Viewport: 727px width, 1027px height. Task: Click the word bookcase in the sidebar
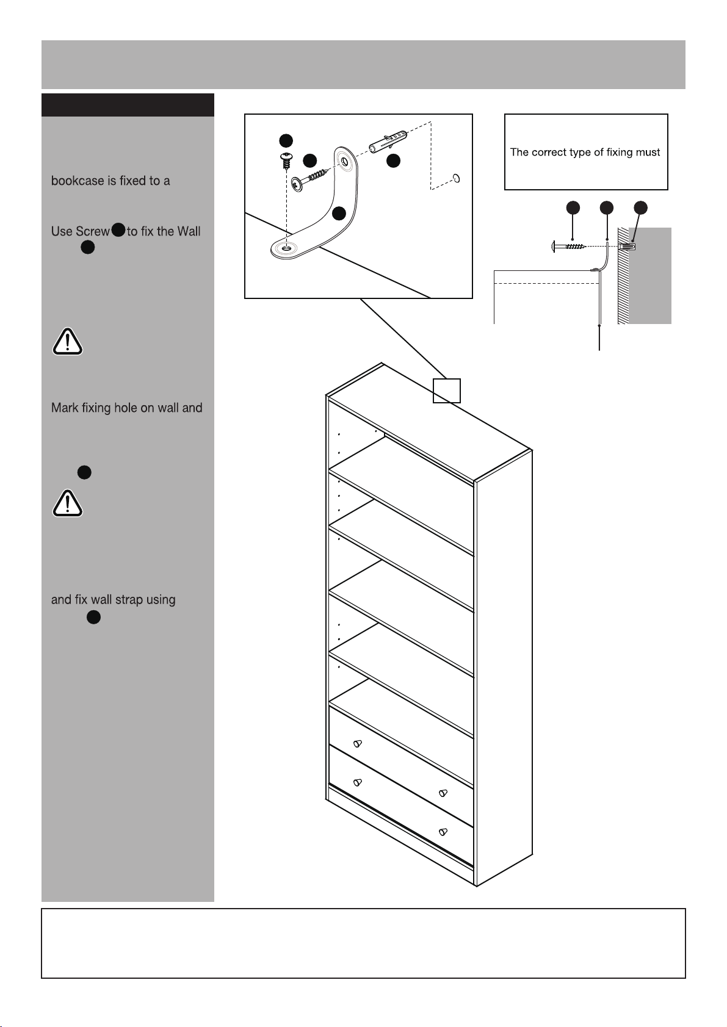tap(78, 181)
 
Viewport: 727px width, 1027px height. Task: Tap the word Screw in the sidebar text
tap(93, 231)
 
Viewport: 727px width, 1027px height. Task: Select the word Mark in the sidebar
tap(65, 408)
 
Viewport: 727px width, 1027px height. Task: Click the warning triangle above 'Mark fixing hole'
tap(67, 342)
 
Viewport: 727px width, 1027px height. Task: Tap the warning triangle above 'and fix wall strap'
tap(67, 503)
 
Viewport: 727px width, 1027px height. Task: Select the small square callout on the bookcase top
tap(447, 391)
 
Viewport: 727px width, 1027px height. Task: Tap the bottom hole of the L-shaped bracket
tap(287, 248)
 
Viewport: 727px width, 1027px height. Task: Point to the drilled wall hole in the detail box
tap(457, 178)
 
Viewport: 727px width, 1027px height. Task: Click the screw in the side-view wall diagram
tap(569, 247)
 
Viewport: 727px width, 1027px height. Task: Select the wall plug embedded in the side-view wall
tap(627, 247)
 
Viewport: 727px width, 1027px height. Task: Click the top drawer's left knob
tap(358, 743)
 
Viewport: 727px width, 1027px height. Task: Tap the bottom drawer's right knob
tap(443, 831)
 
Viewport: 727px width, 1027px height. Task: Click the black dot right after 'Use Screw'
tap(118, 229)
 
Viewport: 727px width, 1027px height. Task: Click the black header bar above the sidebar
tap(128, 105)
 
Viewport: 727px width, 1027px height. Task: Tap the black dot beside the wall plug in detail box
tap(393, 160)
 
